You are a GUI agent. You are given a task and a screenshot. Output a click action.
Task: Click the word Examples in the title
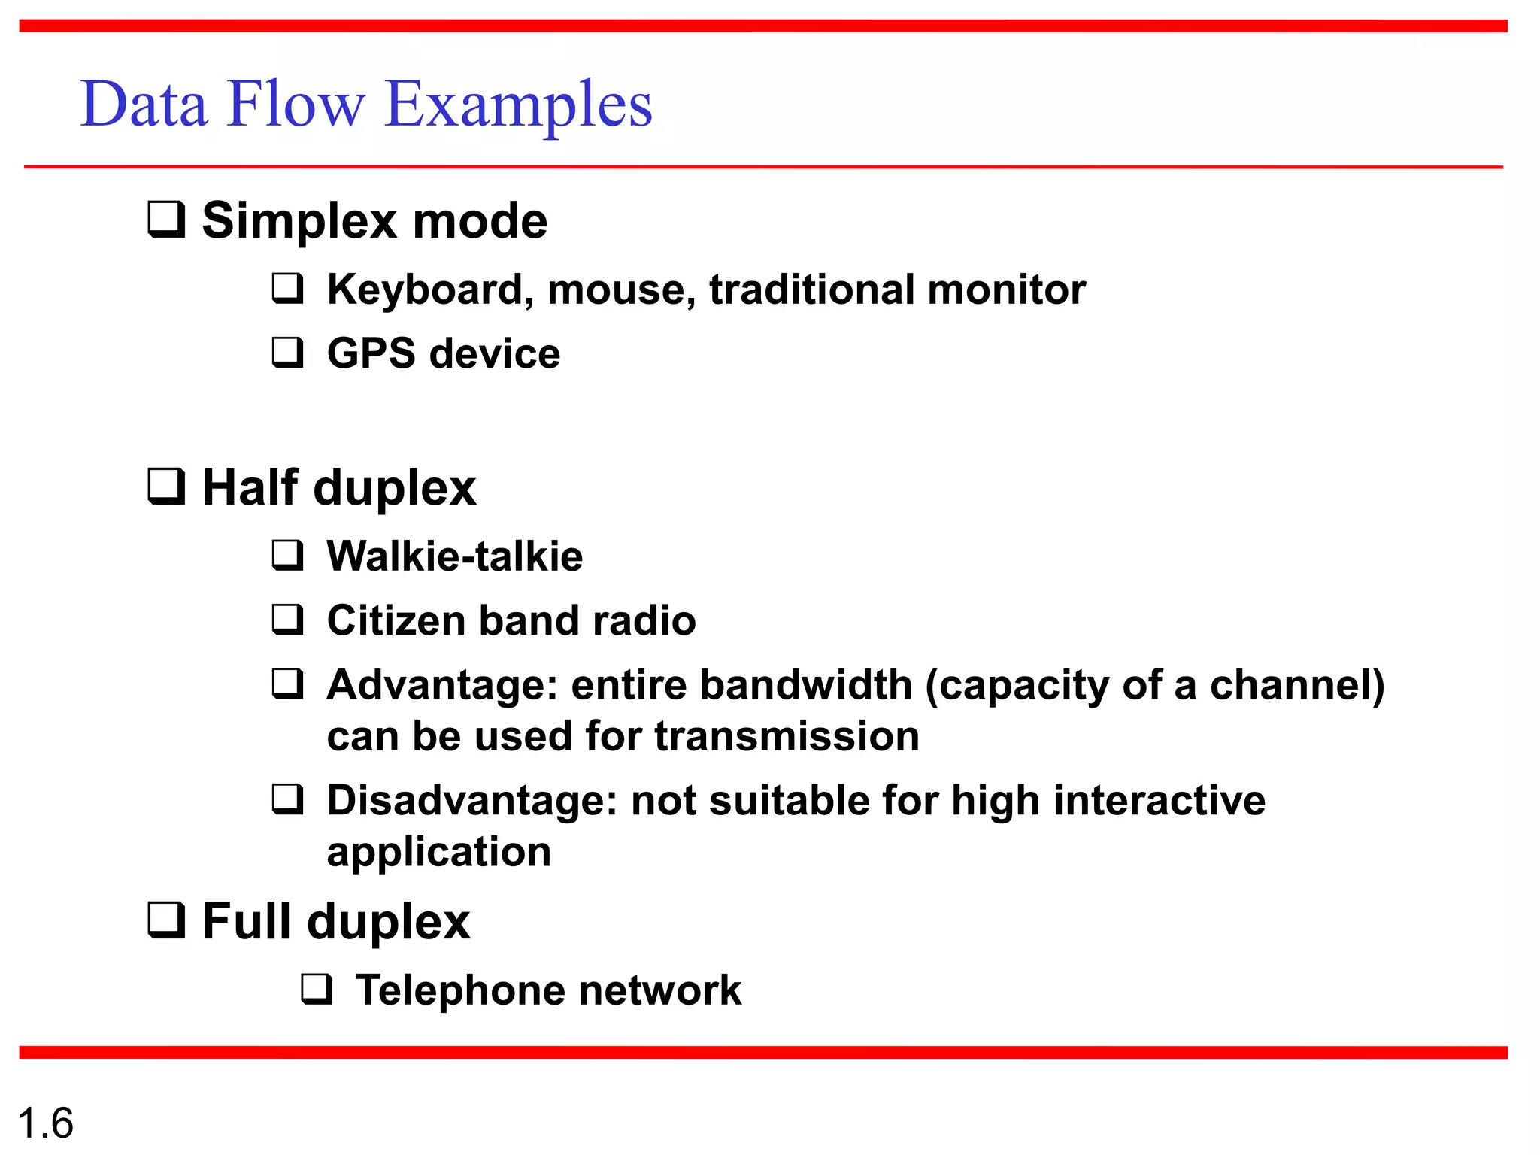(x=517, y=105)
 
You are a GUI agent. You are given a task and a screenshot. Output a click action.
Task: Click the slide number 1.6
(x=45, y=1123)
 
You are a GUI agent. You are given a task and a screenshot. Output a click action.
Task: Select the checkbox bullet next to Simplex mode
(x=166, y=219)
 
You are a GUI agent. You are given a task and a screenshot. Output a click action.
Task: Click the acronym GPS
(x=370, y=353)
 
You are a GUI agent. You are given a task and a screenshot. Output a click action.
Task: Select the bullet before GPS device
(x=288, y=352)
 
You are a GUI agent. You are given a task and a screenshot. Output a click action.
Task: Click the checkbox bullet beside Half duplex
(x=166, y=486)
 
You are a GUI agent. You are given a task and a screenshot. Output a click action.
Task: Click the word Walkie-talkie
(x=454, y=556)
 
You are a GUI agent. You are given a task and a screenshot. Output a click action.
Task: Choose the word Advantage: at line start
(x=442, y=686)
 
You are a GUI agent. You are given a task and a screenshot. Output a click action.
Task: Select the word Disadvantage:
(x=471, y=800)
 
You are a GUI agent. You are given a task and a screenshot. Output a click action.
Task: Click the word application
(x=438, y=853)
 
